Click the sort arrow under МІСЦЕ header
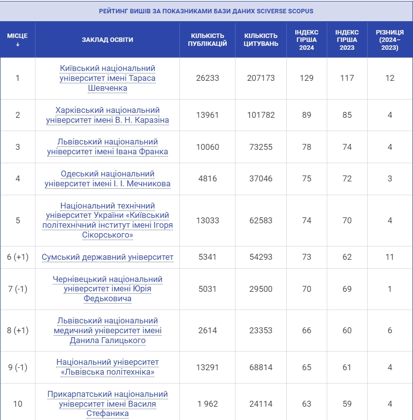coord(18,44)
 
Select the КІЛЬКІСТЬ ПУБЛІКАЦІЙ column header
coord(207,40)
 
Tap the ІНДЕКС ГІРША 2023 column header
coord(347,40)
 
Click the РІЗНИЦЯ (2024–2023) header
coord(389,40)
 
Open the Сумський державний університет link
coord(107,257)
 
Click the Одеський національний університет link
coord(107,179)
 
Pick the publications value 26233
coord(207,78)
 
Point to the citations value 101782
coord(261,115)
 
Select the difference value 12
coord(389,78)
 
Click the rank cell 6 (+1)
coord(18,257)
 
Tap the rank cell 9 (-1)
coord(18,367)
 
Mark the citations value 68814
coord(261,367)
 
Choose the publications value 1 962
coord(207,404)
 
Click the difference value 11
coord(389,257)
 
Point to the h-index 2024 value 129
coord(307,78)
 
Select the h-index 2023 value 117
coord(347,78)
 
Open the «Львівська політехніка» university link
coord(107,367)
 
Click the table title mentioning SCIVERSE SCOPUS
coord(206,11)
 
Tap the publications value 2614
coord(207,330)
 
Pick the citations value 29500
coord(261,289)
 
